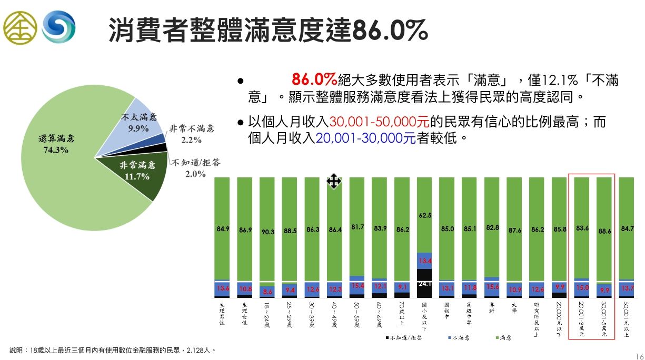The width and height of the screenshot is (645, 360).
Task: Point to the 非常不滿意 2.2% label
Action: click(x=192, y=134)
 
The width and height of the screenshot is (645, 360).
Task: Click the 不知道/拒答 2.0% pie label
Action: click(x=195, y=168)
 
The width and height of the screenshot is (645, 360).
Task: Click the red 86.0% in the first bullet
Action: click(x=314, y=80)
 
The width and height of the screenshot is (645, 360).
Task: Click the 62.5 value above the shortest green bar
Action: click(x=425, y=215)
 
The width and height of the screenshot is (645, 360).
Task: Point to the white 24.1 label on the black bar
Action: click(x=425, y=284)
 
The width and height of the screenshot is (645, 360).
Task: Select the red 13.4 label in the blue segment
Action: click(x=425, y=261)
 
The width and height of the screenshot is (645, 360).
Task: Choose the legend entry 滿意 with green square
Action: click(x=505, y=338)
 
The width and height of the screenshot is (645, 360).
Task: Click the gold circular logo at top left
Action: click(x=20, y=27)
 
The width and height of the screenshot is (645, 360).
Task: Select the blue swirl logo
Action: click(x=59, y=27)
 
